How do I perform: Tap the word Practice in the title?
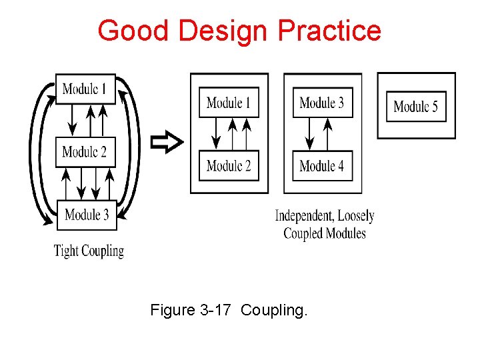coord(329,31)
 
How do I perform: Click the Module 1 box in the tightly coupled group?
coord(85,89)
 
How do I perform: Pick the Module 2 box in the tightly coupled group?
coord(85,152)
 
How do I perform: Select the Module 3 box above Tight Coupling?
coord(87,215)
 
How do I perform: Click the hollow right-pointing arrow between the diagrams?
coord(166,142)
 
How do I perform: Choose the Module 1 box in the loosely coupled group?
coord(229,103)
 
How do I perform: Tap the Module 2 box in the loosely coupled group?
coord(229,165)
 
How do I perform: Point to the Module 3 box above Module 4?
coord(322,103)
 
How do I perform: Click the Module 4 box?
coord(322,165)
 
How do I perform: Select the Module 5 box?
coord(416,106)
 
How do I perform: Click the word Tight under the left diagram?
coord(66,251)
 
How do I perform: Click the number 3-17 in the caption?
coord(215,310)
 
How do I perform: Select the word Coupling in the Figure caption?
coord(274,311)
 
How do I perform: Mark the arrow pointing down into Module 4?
coord(309,134)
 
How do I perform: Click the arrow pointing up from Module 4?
coord(328,134)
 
